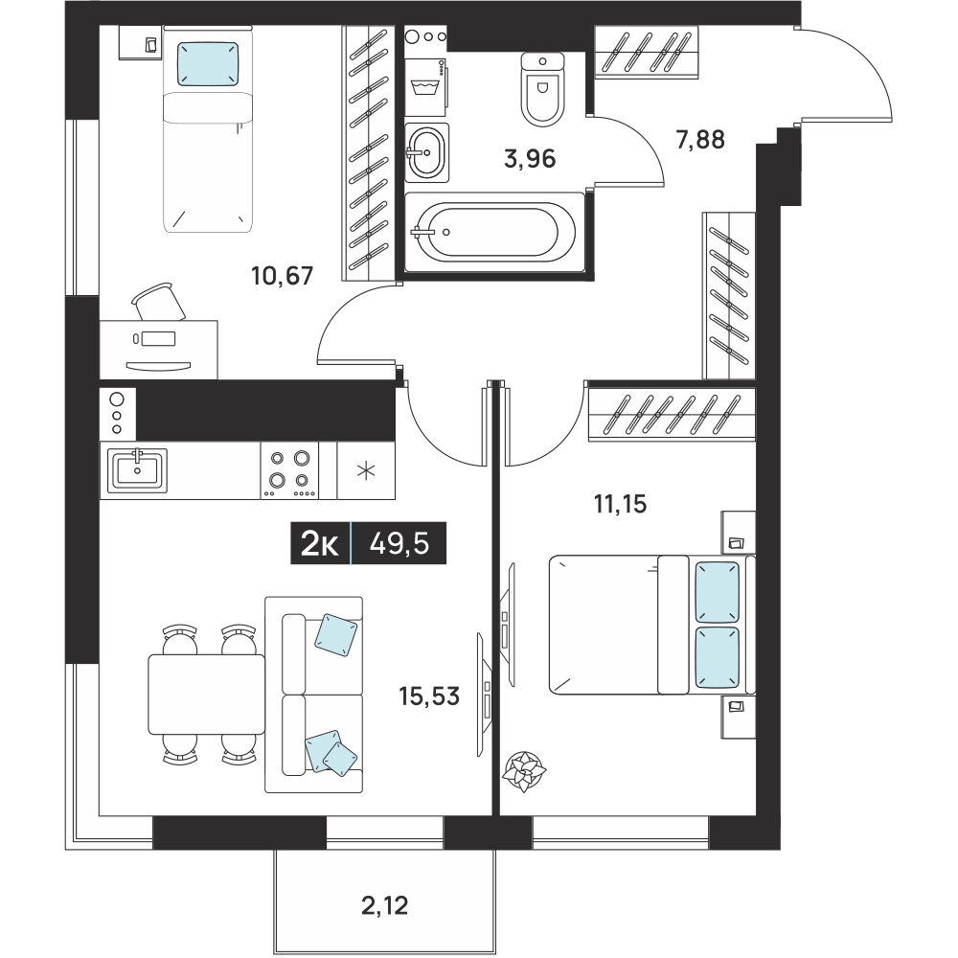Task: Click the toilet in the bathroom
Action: (542, 88)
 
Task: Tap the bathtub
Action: (494, 232)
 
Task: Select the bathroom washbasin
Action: (427, 152)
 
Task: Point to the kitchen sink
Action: (137, 470)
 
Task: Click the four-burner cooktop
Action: (289, 470)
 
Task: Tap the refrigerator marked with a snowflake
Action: (366, 470)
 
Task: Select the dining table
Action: (207, 694)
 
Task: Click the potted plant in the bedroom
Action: (524, 771)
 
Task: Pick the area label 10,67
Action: (283, 276)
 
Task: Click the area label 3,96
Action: (530, 159)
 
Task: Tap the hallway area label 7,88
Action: (700, 140)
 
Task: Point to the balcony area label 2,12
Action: (384, 905)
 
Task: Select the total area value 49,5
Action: (399, 543)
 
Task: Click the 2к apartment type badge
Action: (320, 543)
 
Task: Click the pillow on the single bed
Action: (207, 63)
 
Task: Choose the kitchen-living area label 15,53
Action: (429, 696)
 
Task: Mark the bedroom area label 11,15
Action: (620, 505)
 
